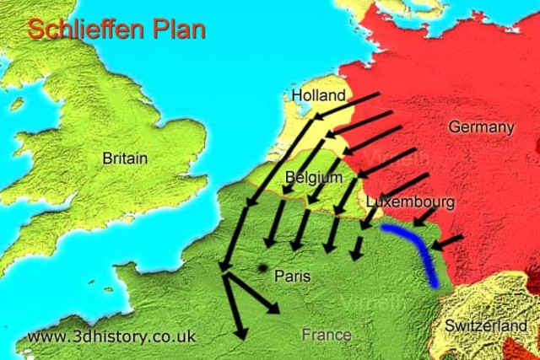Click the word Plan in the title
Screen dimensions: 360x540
[178, 29]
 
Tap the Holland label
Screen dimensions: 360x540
[318, 95]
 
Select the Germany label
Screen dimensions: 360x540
[480, 126]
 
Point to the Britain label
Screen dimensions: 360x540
[125, 158]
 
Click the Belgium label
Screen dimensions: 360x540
[314, 177]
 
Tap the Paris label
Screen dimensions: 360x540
[293, 276]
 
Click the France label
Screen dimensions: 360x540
[327, 335]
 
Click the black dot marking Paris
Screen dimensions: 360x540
[263, 268]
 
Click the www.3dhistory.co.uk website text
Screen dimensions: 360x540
[111, 336]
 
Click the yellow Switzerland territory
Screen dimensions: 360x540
[472, 304]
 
